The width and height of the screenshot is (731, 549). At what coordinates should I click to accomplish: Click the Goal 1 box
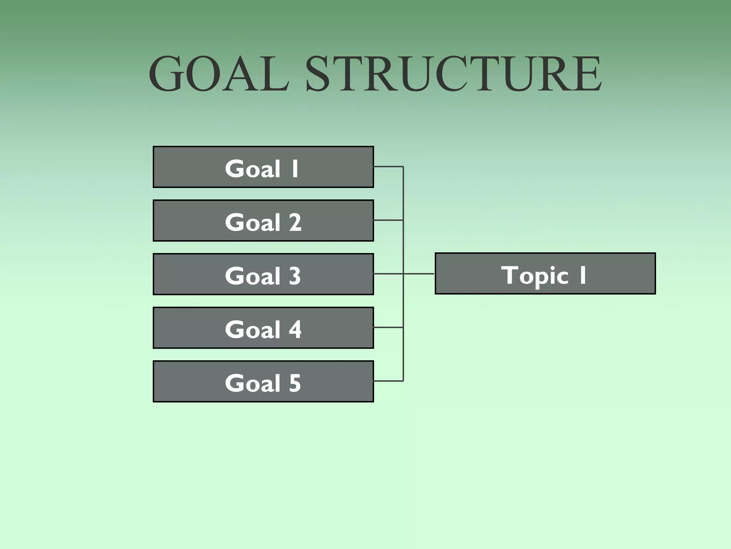pyautogui.click(x=263, y=167)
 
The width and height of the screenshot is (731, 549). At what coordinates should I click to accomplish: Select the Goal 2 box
pyautogui.click(x=263, y=221)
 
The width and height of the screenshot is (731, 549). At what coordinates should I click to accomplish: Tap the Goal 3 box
pyautogui.click(x=263, y=274)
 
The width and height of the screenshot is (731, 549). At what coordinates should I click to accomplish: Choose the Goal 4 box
pyautogui.click(x=263, y=328)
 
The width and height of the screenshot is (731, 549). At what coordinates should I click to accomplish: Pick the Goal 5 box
pyautogui.click(x=263, y=381)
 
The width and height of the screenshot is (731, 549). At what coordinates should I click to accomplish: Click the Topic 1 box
pyautogui.click(x=545, y=273)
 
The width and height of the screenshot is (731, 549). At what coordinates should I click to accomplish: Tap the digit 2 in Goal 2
pyautogui.click(x=295, y=222)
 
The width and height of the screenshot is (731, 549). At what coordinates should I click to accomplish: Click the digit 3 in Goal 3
pyautogui.click(x=295, y=276)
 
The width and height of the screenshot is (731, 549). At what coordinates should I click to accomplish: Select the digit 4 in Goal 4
pyautogui.click(x=295, y=330)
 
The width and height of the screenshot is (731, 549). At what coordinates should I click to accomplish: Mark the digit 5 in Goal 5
pyautogui.click(x=295, y=383)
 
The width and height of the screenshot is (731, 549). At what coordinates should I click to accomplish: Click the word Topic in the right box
pyautogui.click(x=534, y=276)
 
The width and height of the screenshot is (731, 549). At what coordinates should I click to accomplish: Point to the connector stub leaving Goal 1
pyautogui.click(x=388, y=167)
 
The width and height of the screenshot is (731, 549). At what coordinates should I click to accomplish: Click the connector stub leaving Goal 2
pyautogui.click(x=388, y=220)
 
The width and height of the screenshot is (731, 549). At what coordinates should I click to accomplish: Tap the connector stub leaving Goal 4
pyautogui.click(x=388, y=327)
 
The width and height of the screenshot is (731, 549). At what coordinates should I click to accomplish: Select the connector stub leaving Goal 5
pyautogui.click(x=388, y=381)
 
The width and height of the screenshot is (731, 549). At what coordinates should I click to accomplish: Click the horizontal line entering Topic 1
pyautogui.click(x=419, y=274)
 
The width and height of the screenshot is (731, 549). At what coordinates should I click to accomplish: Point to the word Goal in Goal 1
pyautogui.click(x=253, y=169)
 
